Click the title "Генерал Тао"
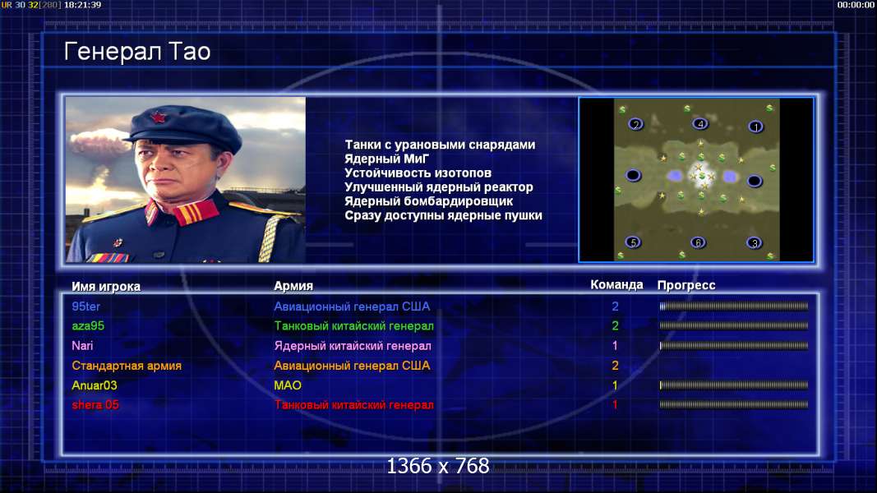137,52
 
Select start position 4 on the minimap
700,123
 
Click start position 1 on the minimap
755,127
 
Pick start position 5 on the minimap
633,242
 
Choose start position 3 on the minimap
755,242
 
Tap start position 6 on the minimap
698,242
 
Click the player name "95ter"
86,306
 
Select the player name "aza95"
88,326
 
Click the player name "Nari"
82,345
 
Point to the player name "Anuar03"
95,385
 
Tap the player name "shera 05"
95,405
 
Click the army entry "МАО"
288,385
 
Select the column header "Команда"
616,284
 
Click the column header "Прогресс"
686,285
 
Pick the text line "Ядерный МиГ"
386,159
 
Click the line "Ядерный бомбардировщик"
428,201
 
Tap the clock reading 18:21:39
82,4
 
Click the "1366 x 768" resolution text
438,466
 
